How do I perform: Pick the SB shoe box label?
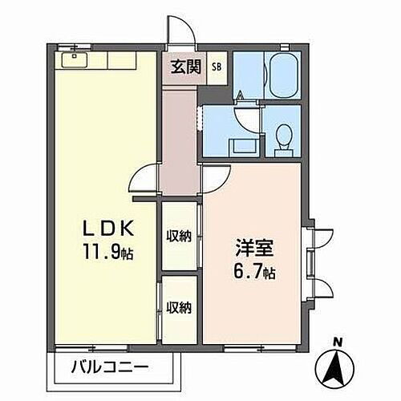217,67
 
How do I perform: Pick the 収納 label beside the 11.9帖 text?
179,236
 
